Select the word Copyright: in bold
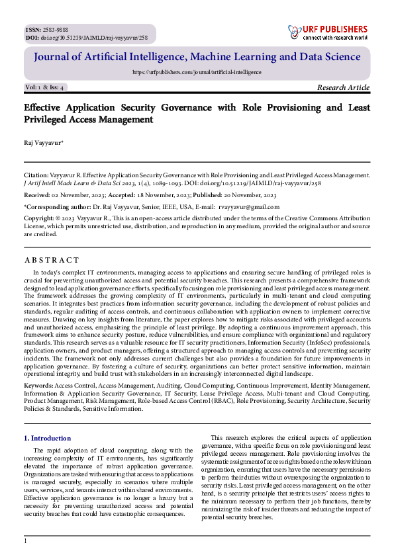pos(38,218)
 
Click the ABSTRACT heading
pos(51,260)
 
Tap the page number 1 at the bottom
pos(25,541)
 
